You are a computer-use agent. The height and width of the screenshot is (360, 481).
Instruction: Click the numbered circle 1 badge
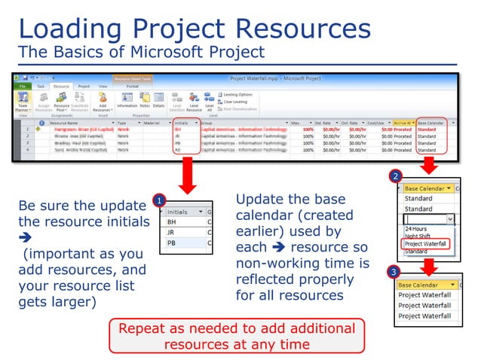click(x=159, y=201)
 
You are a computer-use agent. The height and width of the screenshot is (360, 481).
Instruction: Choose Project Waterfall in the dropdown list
click(x=426, y=243)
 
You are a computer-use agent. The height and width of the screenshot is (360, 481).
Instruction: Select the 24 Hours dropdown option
click(x=416, y=228)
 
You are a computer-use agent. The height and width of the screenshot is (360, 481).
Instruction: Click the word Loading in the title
click(x=65, y=29)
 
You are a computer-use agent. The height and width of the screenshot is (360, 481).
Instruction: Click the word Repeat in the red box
click(x=147, y=329)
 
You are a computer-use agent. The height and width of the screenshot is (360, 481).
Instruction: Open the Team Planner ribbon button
click(x=23, y=103)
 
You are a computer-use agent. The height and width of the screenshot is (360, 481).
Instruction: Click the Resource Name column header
click(x=65, y=122)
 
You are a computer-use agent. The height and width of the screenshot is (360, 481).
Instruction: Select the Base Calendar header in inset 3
click(x=421, y=285)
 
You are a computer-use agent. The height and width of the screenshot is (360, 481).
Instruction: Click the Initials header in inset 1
click(x=178, y=212)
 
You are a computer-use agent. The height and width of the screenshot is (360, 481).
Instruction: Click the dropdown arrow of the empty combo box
click(x=450, y=218)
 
